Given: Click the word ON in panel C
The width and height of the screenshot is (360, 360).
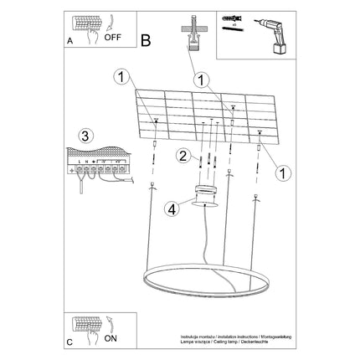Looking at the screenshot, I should point(111,340).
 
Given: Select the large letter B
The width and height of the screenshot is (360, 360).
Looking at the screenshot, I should point(147,39).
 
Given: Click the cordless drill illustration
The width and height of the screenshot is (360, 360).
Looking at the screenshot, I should point(271,34).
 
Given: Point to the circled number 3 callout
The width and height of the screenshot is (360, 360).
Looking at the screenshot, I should point(83,136).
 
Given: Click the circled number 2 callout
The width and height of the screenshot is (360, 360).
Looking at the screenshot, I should point(181,156).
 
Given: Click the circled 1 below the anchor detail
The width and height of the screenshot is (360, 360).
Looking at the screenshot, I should point(200,80).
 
